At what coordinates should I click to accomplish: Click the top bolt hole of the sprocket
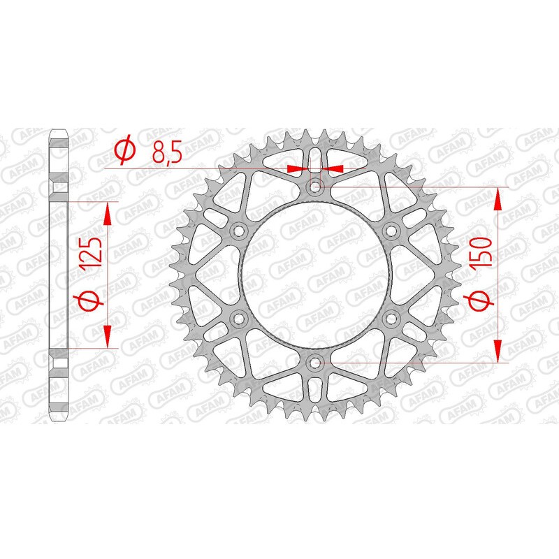tap(315, 187)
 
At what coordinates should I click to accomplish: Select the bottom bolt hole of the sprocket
tap(315, 362)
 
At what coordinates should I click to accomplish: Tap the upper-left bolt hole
tap(239, 231)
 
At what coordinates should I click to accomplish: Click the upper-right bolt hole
tap(391, 231)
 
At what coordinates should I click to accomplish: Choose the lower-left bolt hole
tap(239, 319)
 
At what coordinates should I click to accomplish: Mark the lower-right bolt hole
tap(391, 319)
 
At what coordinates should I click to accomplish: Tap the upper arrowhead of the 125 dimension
tap(108, 212)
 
